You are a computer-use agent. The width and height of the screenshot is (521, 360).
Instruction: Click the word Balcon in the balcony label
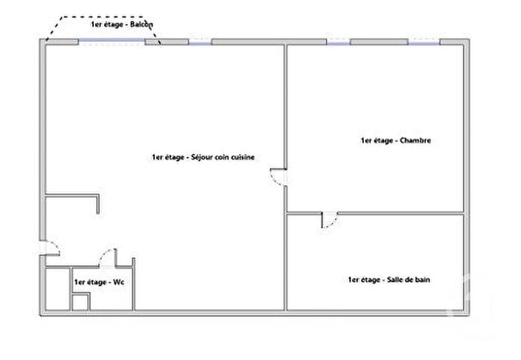pyautogui.click(x=141, y=25)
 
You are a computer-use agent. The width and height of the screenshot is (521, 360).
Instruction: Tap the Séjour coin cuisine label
pyautogui.click(x=203, y=157)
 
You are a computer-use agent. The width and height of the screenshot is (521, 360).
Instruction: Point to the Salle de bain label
pyautogui.click(x=388, y=280)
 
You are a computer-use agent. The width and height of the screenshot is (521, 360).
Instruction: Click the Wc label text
pyautogui.click(x=98, y=283)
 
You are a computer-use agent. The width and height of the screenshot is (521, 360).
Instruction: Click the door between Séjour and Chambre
pyautogui.click(x=278, y=176)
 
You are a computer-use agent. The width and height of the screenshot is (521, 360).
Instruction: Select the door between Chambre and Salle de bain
pyautogui.click(x=328, y=219)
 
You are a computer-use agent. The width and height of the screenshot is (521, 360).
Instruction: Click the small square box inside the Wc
pyautogui.click(x=80, y=301)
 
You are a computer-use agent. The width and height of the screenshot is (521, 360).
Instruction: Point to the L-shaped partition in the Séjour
pyautogui.click(x=73, y=197)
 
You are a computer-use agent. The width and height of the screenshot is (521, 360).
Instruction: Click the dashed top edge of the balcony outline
pyautogui.click(x=104, y=17)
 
